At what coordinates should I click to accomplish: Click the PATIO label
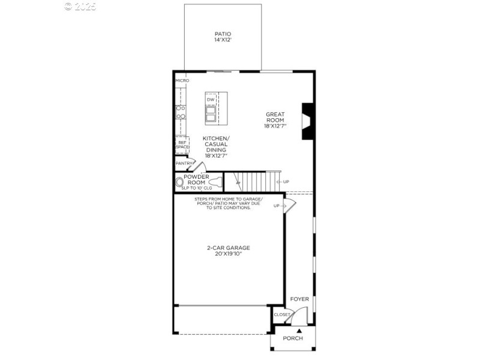pos(223,34)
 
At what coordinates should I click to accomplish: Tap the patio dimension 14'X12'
pos(223,40)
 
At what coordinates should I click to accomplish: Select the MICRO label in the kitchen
pos(182,80)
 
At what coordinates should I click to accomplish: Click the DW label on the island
pos(211,100)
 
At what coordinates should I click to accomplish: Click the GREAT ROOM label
pos(275,117)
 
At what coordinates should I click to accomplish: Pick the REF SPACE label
pos(182,145)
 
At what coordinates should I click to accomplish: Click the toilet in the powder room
pos(179,182)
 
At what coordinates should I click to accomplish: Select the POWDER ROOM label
pos(196,179)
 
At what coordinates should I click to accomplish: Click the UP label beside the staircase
pos(286,182)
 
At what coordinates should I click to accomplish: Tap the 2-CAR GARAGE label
pos(228,247)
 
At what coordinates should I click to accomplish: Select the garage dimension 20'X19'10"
pos(228,254)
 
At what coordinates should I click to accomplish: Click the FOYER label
pos(299,299)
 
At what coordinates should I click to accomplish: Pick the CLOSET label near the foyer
pos(281,314)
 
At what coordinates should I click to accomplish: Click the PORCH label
pos(293,338)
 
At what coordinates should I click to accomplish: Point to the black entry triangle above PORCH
pos(298,330)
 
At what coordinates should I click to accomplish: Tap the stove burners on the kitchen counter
pos(180,112)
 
